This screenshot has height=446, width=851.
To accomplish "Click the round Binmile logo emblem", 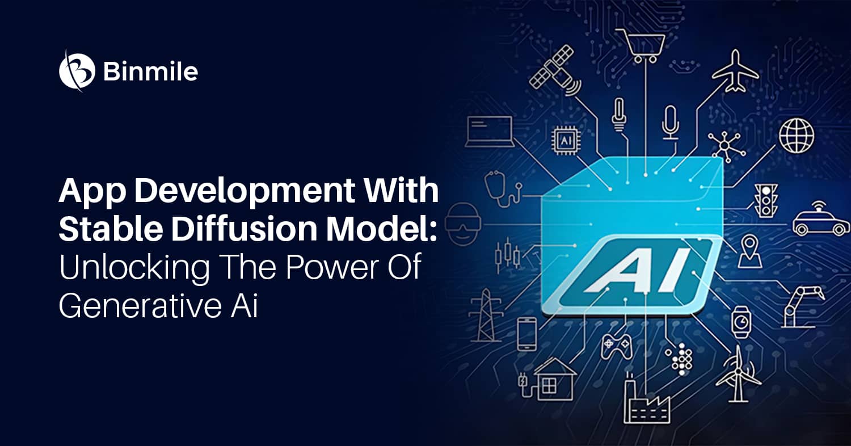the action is (77, 71).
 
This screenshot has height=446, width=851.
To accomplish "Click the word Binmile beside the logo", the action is (150, 71).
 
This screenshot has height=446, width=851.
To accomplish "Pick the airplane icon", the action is (736, 71).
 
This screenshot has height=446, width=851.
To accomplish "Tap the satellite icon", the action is (555, 72).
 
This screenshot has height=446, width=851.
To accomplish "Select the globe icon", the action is (797, 136).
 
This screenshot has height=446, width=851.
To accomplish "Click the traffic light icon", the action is (766, 200).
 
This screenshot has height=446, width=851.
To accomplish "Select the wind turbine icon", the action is (738, 374).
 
